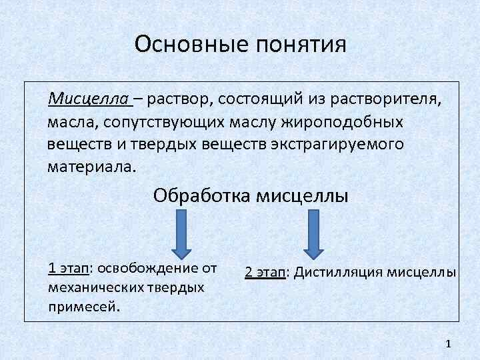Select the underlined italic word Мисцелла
click(x=89, y=100)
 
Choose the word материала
click(x=91, y=166)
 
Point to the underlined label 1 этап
click(x=69, y=269)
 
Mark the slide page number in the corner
click(x=448, y=343)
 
